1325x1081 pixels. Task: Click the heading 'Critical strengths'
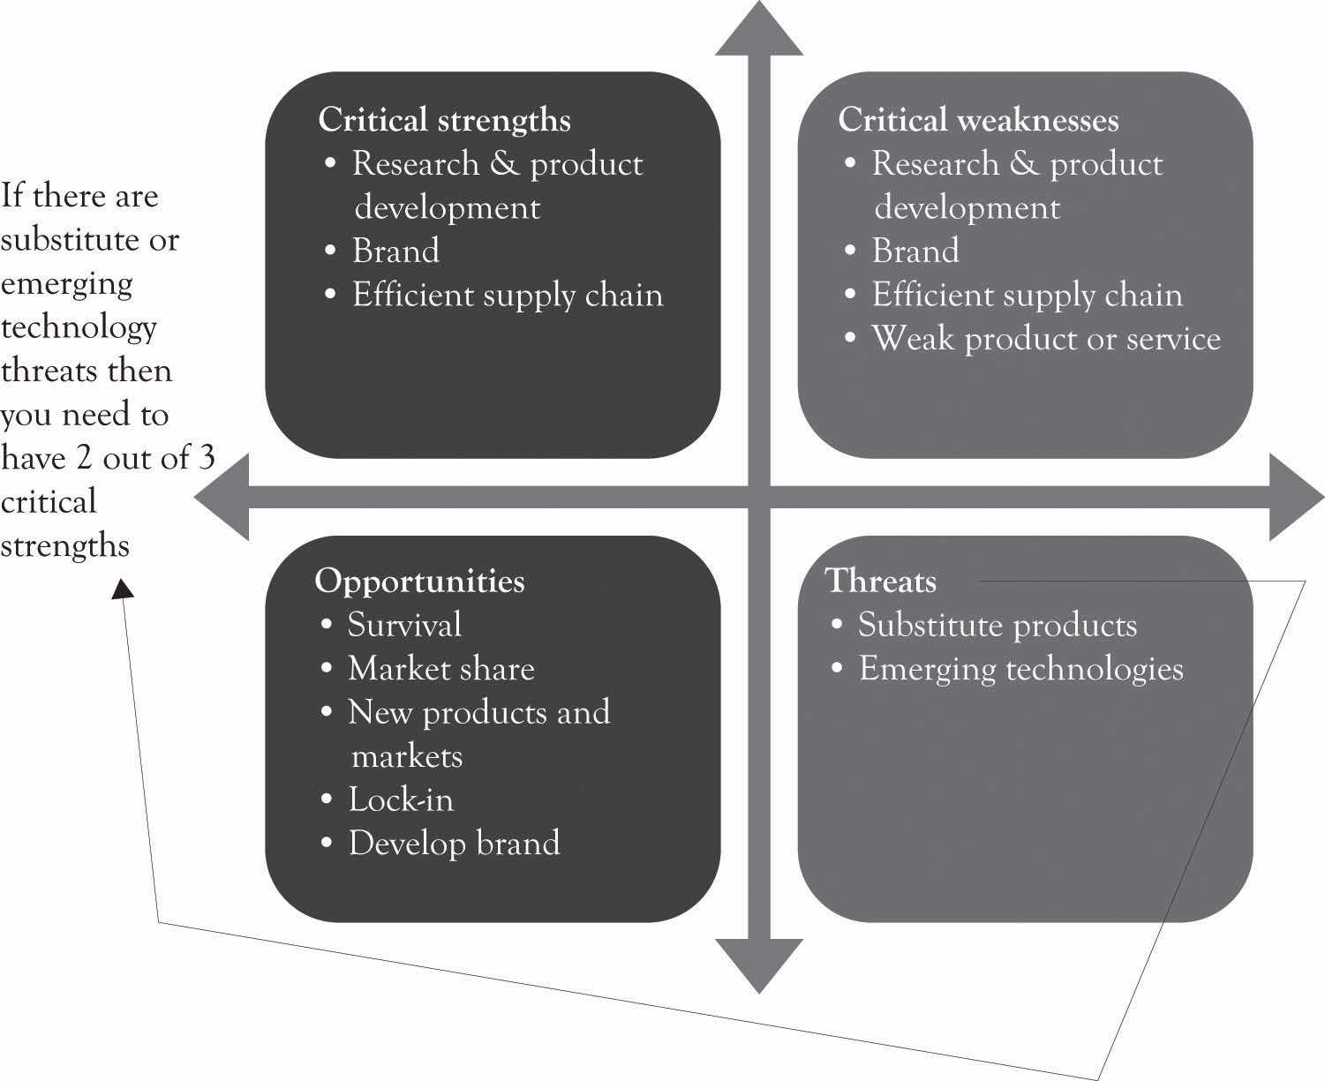click(x=444, y=120)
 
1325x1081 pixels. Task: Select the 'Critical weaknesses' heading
click(x=978, y=120)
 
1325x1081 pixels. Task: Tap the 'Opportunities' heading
click(x=419, y=581)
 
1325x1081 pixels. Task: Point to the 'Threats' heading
click(x=881, y=581)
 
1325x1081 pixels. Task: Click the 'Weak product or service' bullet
click(x=1046, y=339)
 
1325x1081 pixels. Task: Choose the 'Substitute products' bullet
click(x=998, y=626)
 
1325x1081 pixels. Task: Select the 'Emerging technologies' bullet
click(x=1020, y=669)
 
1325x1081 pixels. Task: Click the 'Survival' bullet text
click(x=404, y=625)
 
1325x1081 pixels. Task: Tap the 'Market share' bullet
click(x=441, y=669)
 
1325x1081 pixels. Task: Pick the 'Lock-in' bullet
click(x=401, y=799)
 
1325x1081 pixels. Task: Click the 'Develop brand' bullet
click(x=454, y=843)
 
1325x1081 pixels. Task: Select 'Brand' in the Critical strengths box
click(x=395, y=251)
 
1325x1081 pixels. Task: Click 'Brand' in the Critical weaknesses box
click(x=915, y=251)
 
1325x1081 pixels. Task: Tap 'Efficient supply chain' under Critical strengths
click(x=508, y=295)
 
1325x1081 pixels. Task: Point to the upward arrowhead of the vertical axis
click(x=759, y=31)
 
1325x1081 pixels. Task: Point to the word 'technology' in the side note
click(x=79, y=327)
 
